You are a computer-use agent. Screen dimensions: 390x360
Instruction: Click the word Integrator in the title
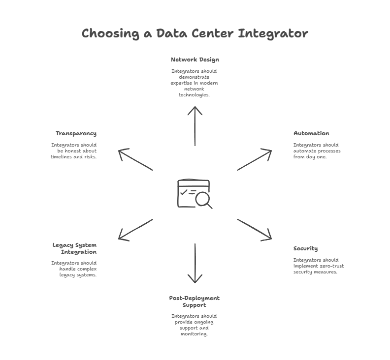tap(273, 34)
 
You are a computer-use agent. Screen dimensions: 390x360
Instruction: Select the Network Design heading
tap(195, 60)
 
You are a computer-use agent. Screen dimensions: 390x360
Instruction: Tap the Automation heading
tap(311, 133)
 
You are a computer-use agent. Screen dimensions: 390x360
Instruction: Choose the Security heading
tap(305, 249)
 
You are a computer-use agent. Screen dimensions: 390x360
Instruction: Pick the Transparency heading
tap(76, 134)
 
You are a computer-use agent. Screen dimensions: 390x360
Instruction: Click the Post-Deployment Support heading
tap(194, 301)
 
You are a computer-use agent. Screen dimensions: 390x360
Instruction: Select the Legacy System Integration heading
tap(75, 248)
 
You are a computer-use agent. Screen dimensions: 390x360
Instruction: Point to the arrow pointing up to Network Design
tap(195, 126)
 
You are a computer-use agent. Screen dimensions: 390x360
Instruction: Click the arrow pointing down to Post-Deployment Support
tap(195, 263)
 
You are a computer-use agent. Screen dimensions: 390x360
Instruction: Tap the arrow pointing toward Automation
tap(255, 160)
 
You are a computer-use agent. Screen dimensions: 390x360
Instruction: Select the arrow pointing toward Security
tap(255, 229)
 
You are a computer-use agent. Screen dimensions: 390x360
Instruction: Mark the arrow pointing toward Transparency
tap(135, 160)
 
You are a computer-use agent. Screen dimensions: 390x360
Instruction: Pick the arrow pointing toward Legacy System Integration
tap(135, 229)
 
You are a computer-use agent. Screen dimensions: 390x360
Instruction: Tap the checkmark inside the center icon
tap(184, 192)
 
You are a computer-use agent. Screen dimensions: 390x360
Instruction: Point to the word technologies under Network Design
tap(194, 95)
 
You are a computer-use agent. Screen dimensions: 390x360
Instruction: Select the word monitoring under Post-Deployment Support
tap(194, 334)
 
